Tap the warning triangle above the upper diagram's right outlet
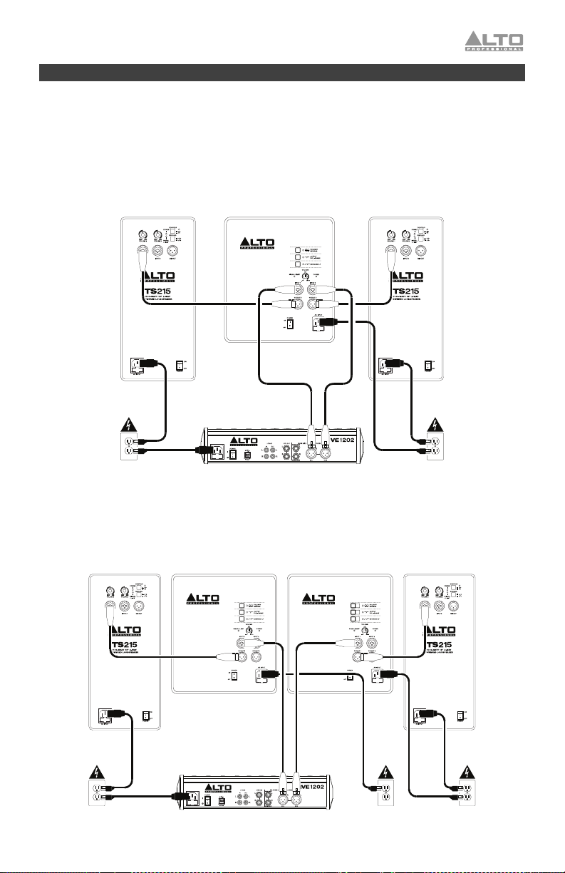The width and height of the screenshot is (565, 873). coord(435,428)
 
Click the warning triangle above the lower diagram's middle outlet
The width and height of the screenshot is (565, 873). coord(385,773)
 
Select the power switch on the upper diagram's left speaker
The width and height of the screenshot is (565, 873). coord(180,366)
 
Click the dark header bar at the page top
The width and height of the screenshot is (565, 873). coord(282,73)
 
